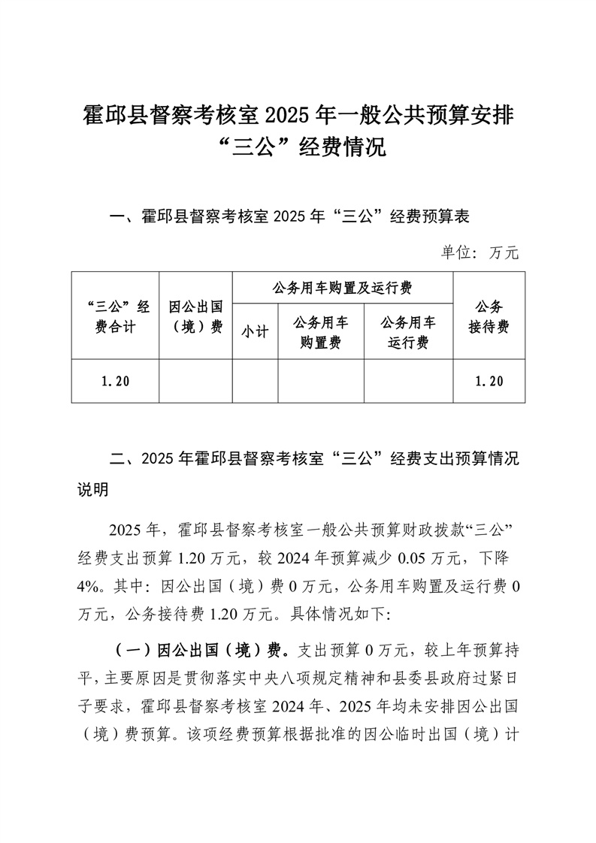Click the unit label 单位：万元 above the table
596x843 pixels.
pos(480,252)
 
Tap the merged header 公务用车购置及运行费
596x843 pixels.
pos(343,287)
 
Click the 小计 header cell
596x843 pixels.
pos(256,332)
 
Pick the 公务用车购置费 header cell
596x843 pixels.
pos(321,332)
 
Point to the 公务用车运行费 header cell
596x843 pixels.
pos(408,332)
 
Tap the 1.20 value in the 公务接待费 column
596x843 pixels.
pos(489,382)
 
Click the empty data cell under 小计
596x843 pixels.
pos(256,382)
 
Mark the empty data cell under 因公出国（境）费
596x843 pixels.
pos(196,382)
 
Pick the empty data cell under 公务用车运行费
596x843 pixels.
pos(408,382)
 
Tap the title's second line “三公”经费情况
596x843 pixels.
pos(298,147)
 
